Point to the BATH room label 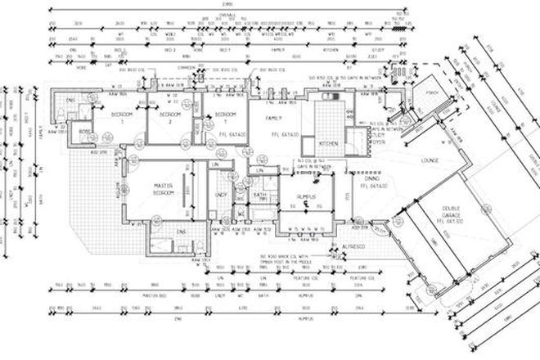tap(260, 195)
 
